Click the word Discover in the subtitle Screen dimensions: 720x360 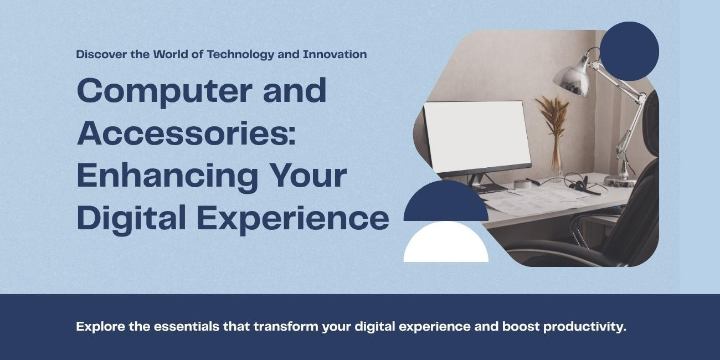coord(101,54)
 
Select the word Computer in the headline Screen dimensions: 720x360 coord(164,91)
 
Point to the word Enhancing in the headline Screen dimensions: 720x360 coord(167,176)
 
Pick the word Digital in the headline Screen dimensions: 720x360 coord(131,218)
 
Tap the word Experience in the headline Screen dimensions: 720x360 coord(293,218)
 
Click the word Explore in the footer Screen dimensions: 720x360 coord(101,327)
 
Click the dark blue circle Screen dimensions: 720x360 coord(629,52)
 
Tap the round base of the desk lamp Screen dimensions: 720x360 coord(620,181)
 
